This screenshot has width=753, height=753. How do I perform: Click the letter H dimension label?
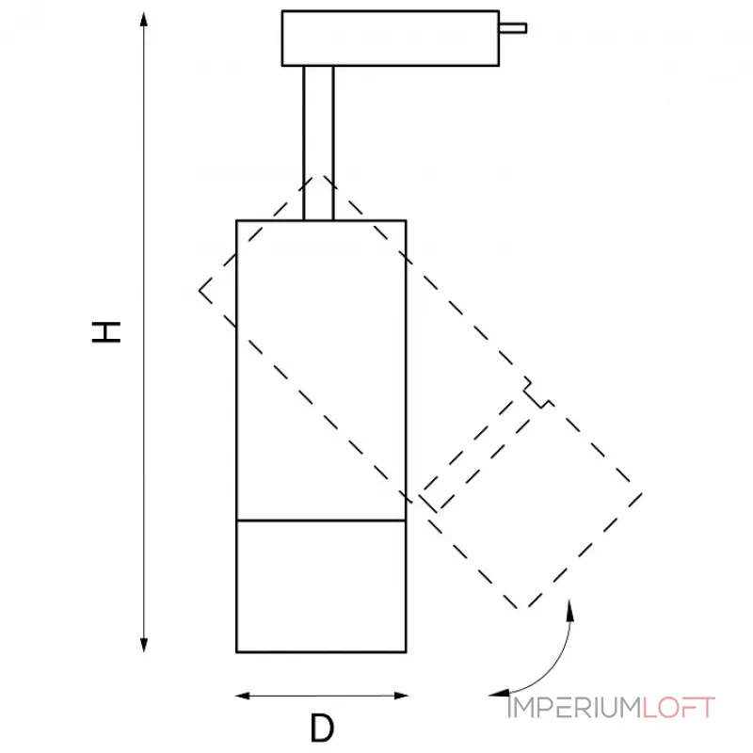point(105,332)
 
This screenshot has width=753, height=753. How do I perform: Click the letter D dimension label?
point(322,728)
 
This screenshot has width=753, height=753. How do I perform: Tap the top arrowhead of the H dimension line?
point(144,19)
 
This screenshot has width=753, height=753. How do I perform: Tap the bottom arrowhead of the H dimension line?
point(144,645)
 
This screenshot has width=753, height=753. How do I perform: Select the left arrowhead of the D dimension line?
point(243,696)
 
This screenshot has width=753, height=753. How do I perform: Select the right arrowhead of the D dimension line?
point(401,696)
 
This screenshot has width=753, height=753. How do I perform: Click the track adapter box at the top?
point(390,38)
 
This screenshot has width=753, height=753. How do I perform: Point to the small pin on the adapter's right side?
point(513,28)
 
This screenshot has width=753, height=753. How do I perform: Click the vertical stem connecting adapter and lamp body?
point(318,143)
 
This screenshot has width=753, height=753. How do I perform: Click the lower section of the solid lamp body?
point(321,585)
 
